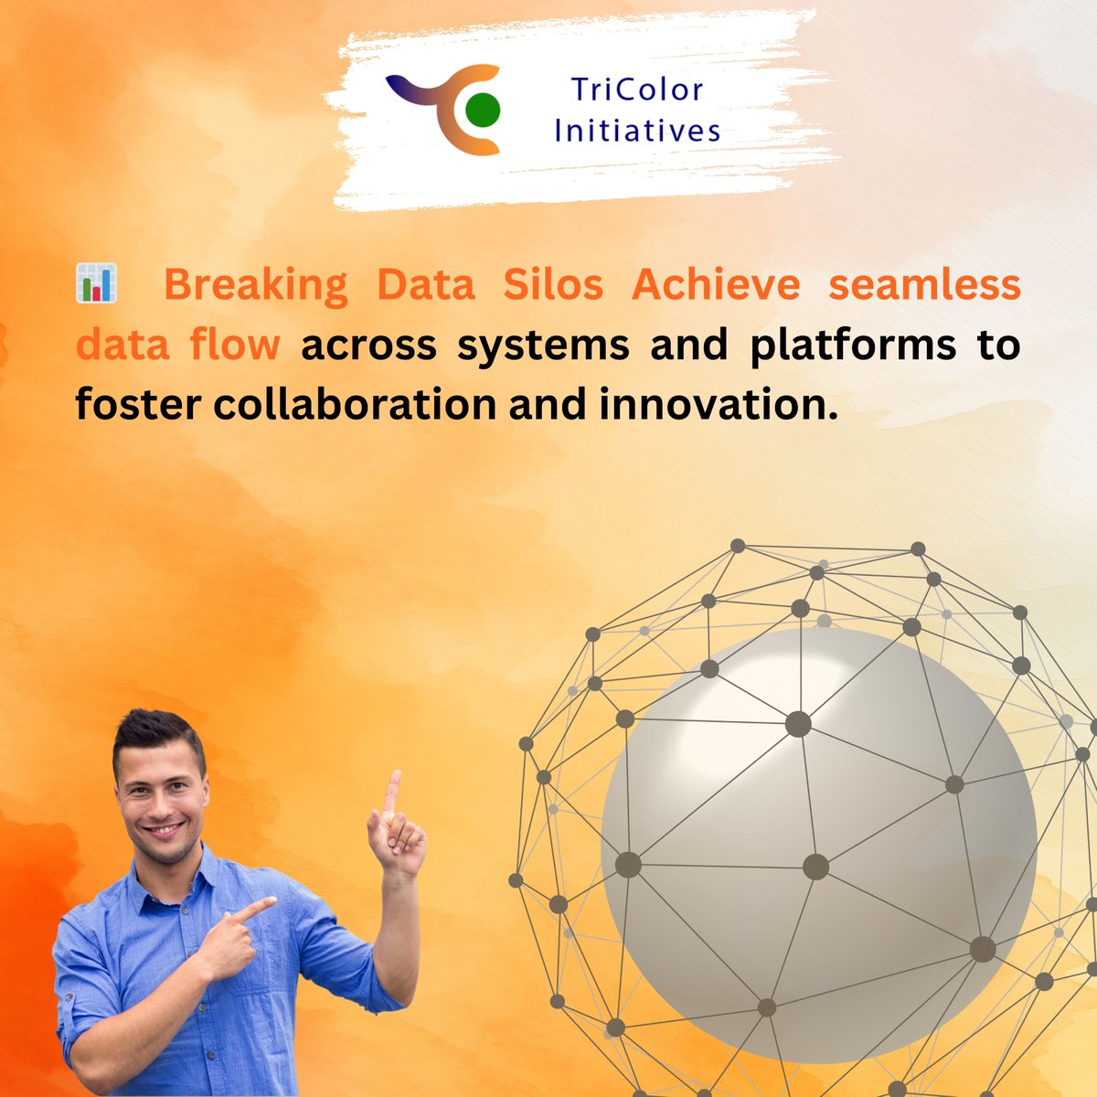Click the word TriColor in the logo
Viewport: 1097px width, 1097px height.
(637, 91)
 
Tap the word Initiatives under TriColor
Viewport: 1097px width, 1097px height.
(637, 131)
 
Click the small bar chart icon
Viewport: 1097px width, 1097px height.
(96, 283)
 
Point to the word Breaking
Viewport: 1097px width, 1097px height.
(256, 285)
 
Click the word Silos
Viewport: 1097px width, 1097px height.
(553, 285)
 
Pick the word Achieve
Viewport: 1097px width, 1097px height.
(716, 285)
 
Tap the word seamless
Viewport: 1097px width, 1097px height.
(924, 285)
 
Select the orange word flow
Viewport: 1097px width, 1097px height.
(235, 346)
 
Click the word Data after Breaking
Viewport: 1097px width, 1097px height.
(426, 285)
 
